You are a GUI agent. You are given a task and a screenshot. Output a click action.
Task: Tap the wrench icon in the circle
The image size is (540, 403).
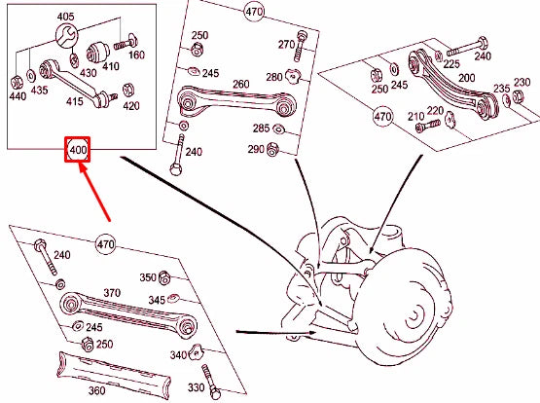click(67, 38)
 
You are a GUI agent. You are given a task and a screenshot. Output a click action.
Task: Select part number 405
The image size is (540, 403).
click(65, 18)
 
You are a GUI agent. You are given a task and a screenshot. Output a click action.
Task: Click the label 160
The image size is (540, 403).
click(136, 55)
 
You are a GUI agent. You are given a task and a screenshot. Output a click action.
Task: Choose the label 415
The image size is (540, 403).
click(75, 100)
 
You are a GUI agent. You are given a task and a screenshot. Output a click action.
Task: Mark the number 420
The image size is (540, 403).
click(130, 105)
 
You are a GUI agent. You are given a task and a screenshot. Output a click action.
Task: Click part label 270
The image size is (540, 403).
click(285, 45)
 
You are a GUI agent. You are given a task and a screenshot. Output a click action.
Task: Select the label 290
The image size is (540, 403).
click(255, 148)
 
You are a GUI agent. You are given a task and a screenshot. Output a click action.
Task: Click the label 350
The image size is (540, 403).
click(148, 277)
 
